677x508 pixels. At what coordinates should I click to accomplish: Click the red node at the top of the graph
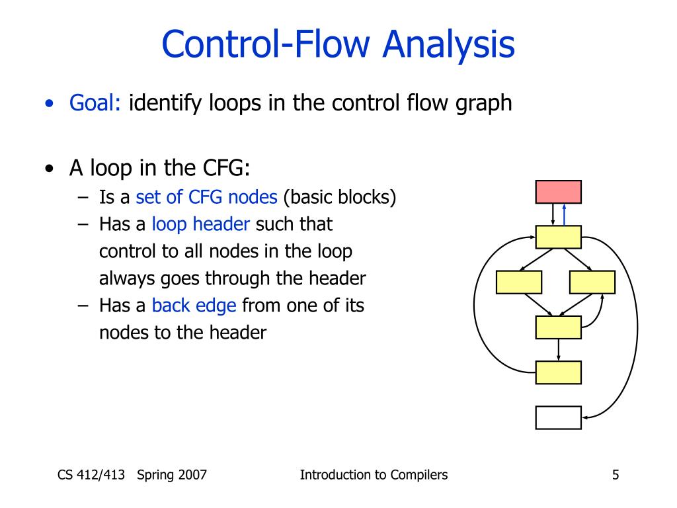point(558,192)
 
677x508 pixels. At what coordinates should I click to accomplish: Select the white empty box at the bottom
point(558,417)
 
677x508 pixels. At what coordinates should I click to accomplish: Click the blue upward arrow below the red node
point(564,214)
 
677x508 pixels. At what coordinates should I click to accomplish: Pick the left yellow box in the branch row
point(519,282)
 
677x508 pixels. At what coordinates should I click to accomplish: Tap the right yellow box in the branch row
point(592,282)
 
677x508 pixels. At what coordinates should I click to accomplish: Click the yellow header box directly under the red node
point(558,237)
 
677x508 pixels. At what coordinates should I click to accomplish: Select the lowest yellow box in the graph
point(558,372)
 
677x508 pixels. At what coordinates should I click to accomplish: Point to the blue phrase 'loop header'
point(201,225)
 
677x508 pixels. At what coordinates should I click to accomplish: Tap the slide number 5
point(616,474)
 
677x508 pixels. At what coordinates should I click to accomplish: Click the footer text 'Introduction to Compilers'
point(374,474)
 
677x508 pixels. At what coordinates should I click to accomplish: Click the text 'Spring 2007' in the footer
point(173,474)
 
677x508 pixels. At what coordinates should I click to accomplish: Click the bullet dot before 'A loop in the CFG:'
point(50,169)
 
